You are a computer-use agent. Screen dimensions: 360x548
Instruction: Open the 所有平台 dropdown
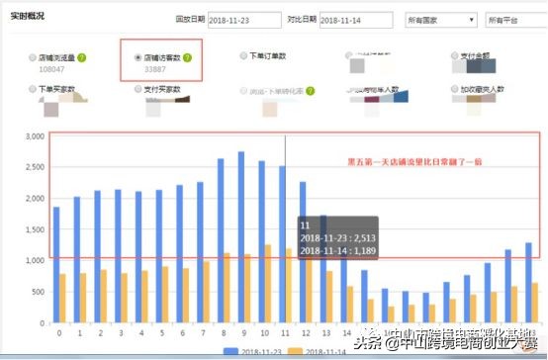(x=514, y=19)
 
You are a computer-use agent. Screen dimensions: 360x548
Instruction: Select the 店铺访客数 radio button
(x=137, y=57)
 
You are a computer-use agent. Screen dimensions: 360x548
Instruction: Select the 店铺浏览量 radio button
(x=34, y=57)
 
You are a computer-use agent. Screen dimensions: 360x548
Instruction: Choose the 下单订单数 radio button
(x=243, y=56)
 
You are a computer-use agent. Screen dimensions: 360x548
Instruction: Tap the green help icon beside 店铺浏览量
(x=85, y=57)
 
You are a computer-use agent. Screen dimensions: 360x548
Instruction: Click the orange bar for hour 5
(x=164, y=294)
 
